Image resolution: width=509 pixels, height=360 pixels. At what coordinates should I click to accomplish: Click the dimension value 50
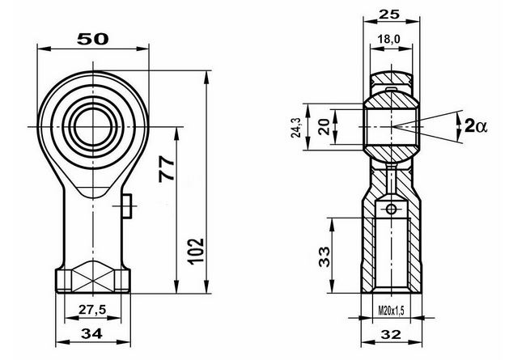click(x=93, y=39)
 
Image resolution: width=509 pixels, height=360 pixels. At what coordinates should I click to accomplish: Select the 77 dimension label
click(x=167, y=169)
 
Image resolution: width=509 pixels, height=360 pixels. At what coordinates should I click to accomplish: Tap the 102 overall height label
click(x=197, y=252)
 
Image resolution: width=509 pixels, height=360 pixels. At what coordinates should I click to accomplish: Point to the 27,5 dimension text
click(x=92, y=310)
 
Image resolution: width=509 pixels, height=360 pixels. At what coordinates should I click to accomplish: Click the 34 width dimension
click(x=92, y=333)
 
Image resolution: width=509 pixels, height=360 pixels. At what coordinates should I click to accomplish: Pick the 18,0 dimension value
click(x=389, y=40)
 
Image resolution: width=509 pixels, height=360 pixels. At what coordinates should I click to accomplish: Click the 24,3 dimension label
click(x=296, y=127)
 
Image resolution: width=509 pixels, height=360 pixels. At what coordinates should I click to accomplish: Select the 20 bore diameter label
click(x=324, y=127)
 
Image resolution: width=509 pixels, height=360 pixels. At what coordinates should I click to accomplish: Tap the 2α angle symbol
click(x=476, y=126)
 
